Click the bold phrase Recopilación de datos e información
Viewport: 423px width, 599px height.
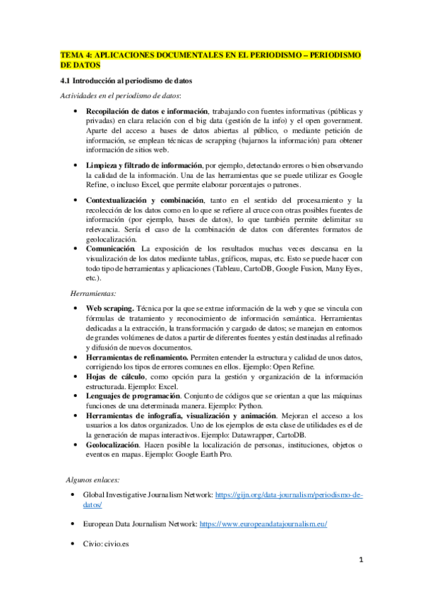147,112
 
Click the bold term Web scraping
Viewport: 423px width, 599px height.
109,308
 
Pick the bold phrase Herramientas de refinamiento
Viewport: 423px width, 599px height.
136,357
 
